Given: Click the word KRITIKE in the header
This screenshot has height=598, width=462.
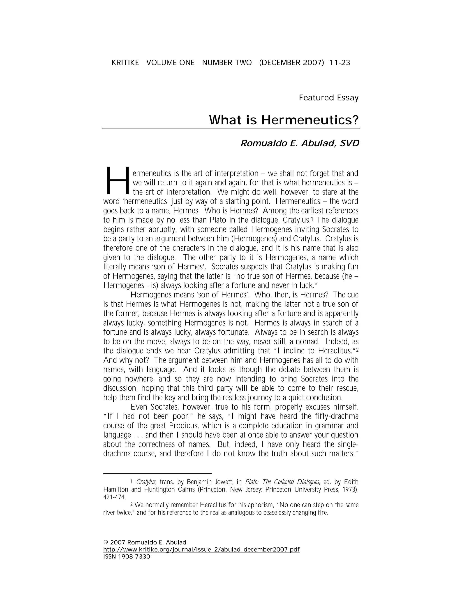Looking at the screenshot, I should (x=125, y=63).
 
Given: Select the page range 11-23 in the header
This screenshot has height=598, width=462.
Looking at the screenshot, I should (x=340, y=63).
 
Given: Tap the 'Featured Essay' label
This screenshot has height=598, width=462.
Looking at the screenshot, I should (x=328, y=98).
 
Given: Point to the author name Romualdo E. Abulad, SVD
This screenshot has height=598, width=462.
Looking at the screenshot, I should (x=300, y=143).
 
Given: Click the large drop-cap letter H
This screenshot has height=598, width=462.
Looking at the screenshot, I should (x=117, y=180).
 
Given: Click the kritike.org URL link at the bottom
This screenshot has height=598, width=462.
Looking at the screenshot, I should (x=201, y=549).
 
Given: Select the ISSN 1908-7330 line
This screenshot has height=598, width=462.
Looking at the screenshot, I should (x=127, y=556).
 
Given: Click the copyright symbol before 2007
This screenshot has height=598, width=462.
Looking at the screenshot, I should (x=106, y=542).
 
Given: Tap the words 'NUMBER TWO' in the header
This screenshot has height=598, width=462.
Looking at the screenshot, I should (x=227, y=63).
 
